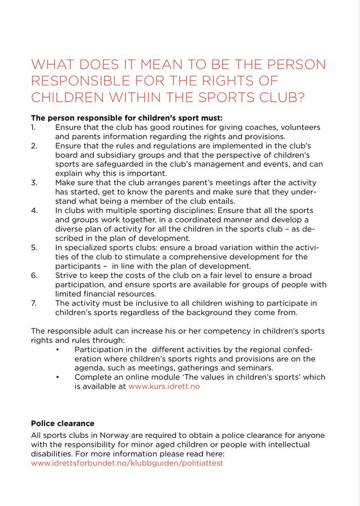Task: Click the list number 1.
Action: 33,128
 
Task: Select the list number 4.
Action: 34,210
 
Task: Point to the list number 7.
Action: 34,303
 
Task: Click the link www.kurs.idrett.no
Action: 164,386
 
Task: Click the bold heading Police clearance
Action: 63,423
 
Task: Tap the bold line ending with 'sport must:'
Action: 127,118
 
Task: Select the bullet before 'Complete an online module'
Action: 58,377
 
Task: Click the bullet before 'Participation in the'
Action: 58,349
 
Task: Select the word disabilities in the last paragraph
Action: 54,454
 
